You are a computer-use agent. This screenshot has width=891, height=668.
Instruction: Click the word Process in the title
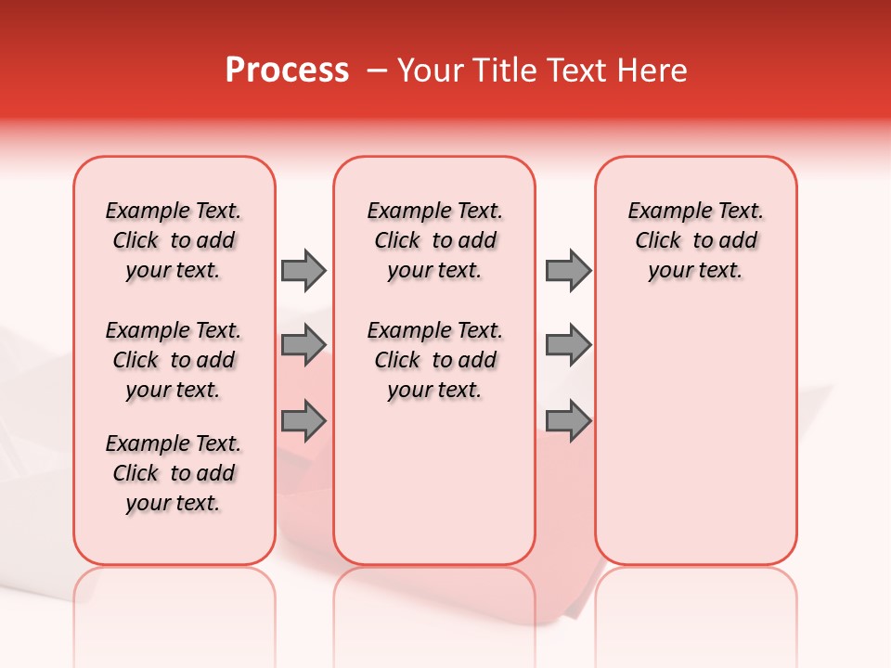click(287, 71)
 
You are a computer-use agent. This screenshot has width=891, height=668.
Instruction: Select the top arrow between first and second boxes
click(303, 270)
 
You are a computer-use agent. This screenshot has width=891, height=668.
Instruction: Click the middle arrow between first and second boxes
click(303, 345)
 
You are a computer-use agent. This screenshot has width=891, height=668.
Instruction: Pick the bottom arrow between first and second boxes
click(303, 420)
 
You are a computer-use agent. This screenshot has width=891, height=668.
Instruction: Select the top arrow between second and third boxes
click(568, 270)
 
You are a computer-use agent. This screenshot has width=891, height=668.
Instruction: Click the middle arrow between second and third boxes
click(568, 345)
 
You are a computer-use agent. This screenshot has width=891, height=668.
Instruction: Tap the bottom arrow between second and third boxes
click(568, 420)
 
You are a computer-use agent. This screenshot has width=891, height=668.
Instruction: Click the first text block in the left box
click(174, 240)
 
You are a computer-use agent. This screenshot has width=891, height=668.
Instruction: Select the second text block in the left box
click(174, 360)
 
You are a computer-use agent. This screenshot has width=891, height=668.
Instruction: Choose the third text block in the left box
click(174, 473)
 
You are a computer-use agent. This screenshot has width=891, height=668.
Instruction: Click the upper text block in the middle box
click(434, 240)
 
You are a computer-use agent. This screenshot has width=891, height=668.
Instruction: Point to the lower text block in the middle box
click(434, 360)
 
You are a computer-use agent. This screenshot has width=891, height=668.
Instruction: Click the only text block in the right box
click(696, 240)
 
